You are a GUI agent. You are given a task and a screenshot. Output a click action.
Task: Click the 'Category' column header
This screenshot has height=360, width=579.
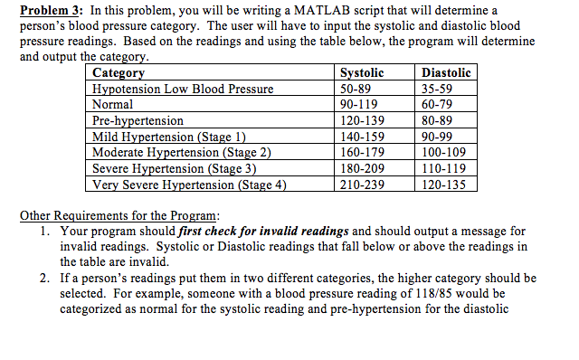coord(119,73)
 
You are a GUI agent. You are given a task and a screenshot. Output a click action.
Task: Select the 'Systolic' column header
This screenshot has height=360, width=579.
coord(361,73)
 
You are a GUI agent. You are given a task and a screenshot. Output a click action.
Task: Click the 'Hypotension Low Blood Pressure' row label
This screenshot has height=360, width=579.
coord(184,89)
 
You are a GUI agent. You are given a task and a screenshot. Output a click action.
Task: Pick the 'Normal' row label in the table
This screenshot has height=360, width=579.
coord(114,104)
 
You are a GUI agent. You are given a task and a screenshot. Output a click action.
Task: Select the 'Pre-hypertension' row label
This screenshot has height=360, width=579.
coord(138,120)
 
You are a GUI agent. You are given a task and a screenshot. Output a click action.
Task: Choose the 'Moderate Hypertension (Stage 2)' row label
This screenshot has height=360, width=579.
coord(183,152)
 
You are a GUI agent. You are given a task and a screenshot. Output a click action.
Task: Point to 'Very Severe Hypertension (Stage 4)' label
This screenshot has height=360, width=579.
coord(190,185)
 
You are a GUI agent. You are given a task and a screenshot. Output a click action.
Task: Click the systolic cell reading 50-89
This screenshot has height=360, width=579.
coord(354,89)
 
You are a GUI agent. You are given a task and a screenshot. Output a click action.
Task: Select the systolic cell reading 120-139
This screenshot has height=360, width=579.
coord(360,120)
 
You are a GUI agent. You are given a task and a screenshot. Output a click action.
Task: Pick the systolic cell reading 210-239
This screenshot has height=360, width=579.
coord(360,185)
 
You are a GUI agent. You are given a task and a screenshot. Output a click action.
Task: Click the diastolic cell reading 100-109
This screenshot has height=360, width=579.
coord(444,152)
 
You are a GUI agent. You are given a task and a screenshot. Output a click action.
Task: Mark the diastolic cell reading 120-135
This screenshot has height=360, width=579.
coord(444,185)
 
